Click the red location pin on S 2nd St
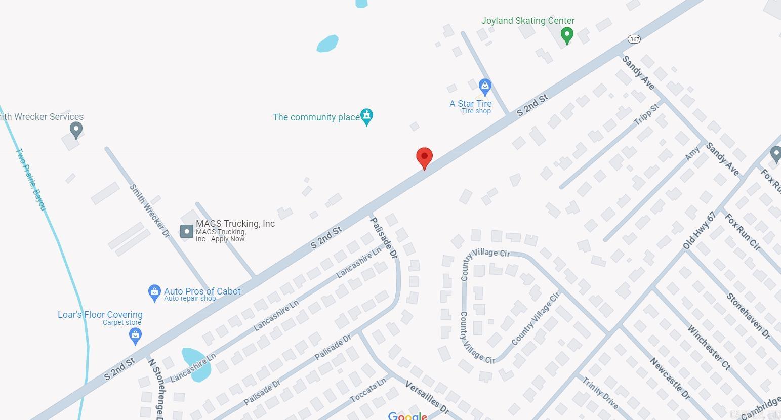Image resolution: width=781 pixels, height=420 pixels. [424, 157]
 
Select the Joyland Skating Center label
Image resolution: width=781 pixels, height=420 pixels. [527, 21]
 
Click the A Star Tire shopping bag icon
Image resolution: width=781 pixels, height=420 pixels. [485, 86]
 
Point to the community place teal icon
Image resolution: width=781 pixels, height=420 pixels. [367, 116]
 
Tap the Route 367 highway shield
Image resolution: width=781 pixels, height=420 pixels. [634, 39]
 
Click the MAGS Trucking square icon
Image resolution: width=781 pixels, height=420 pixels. [187, 231]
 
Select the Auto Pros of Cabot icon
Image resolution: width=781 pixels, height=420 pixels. [154, 292]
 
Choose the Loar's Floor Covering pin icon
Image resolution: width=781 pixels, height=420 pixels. [135, 335]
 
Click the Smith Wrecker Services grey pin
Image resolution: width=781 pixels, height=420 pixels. [76, 130]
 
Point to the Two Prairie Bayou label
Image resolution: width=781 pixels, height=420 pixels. [31, 179]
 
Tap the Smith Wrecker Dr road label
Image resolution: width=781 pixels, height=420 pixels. [149, 211]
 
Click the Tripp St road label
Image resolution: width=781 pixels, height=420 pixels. [646, 114]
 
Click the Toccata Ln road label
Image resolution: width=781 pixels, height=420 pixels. [368, 390]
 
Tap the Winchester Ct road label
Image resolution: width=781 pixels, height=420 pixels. [709, 347]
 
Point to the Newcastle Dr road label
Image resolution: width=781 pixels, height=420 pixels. [670, 378]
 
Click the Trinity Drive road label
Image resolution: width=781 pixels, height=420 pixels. [600, 393]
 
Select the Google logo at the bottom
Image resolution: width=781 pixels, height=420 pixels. [407, 416]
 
